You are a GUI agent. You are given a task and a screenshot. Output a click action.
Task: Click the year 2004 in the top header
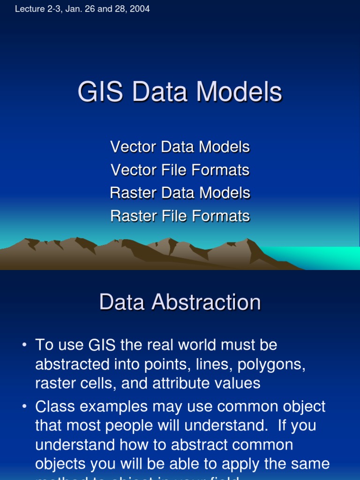[140, 9]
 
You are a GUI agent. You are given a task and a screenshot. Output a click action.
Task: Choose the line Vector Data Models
[180, 147]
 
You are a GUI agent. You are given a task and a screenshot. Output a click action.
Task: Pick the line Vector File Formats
[180, 170]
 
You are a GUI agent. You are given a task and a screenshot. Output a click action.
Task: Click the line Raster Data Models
[180, 193]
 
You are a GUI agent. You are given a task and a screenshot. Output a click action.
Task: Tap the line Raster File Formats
[180, 216]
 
